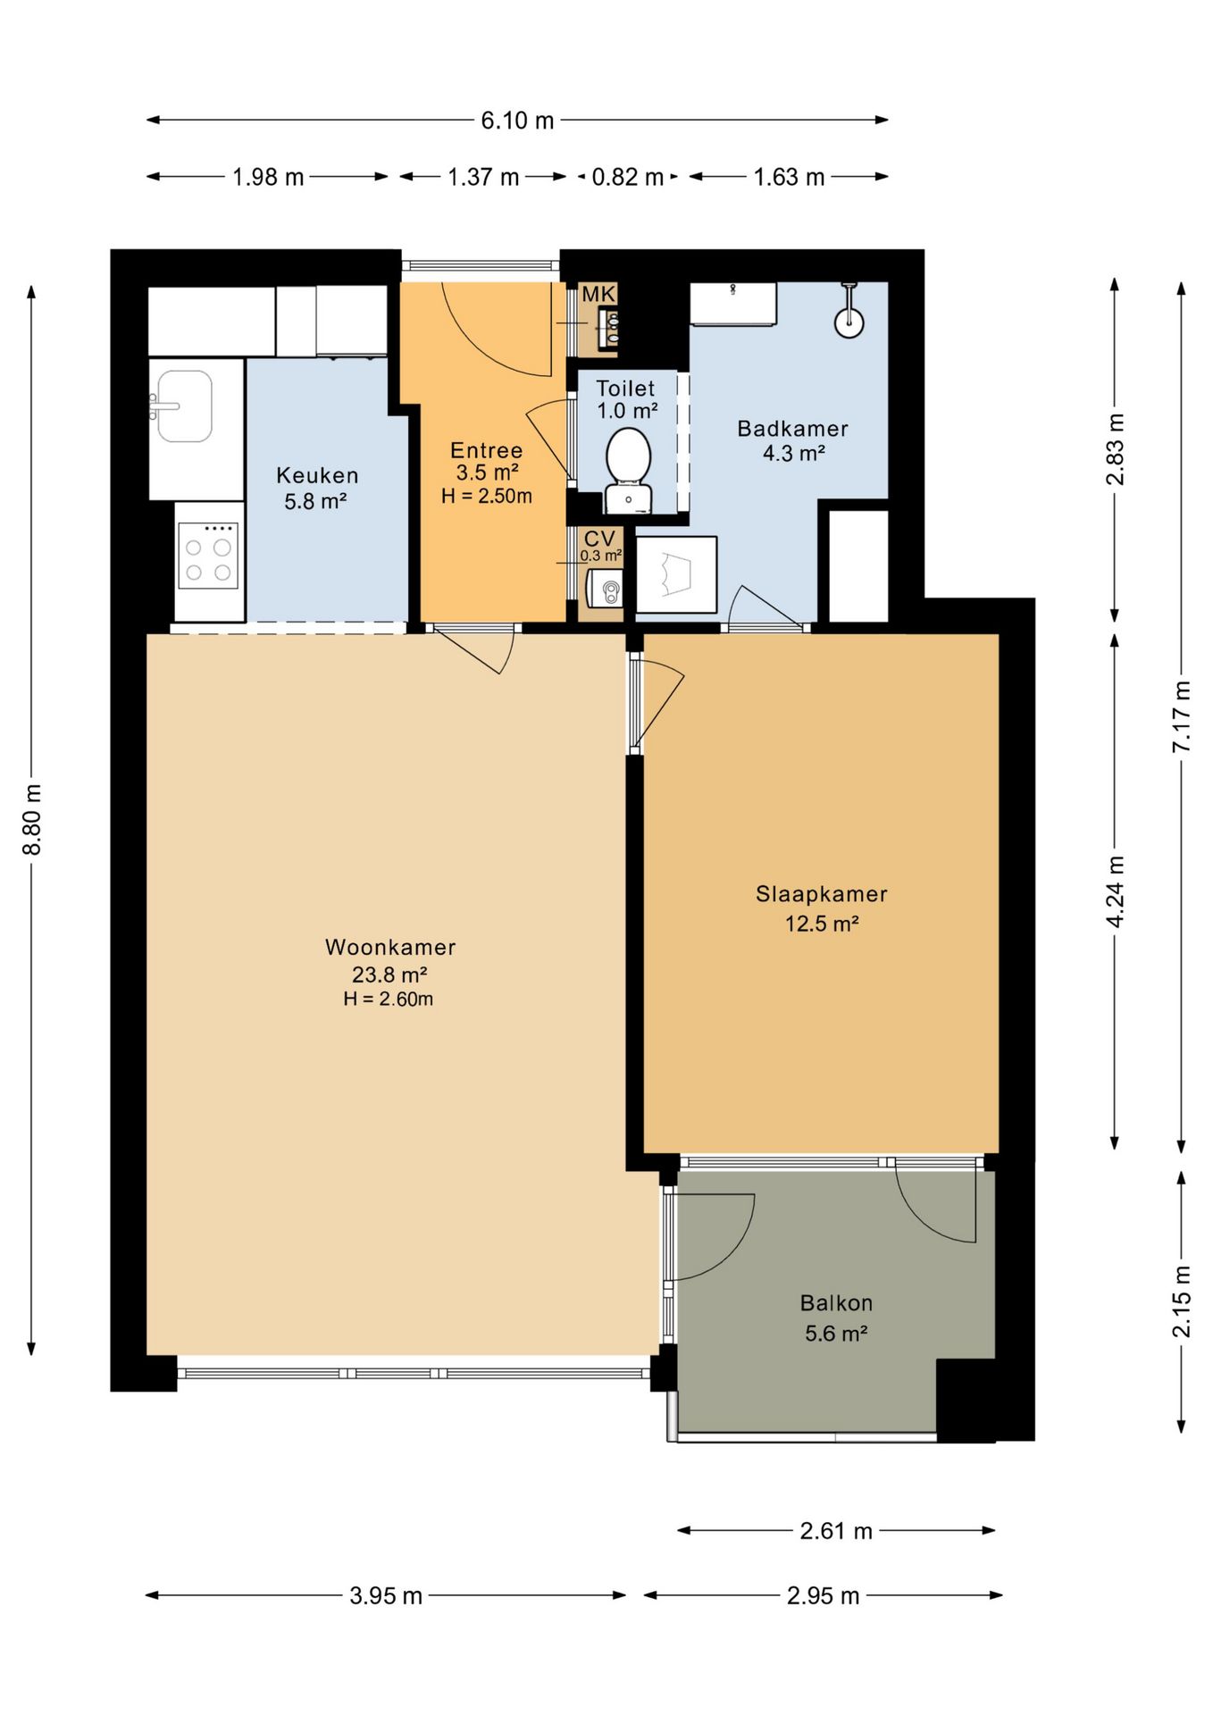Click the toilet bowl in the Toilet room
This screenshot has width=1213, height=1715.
[x=628, y=456]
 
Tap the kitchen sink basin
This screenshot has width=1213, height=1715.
[x=184, y=406]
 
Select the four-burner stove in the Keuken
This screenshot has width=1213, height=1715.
[x=208, y=556]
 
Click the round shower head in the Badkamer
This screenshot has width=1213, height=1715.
[x=849, y=322]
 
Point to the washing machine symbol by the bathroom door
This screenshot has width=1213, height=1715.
[x=676, y=574]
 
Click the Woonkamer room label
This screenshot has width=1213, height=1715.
[x=390, y=947]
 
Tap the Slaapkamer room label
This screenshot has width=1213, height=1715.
[x=822, y=894]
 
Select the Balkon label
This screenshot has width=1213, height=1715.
[x=836, y=1303]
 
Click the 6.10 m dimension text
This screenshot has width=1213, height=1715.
[x=517, y=120]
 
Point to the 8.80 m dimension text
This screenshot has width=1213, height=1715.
[x=32, y=819]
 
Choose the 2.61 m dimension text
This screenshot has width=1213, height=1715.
[x=836, y=1531]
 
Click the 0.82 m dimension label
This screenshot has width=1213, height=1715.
[x=628, y=177]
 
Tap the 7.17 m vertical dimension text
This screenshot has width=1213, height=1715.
[x=1182, y=715]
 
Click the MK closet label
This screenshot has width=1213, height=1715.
[x=598, y=294]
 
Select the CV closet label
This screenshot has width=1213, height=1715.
[x=599, y=539]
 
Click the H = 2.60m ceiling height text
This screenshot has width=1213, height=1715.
[x=389, y=1000]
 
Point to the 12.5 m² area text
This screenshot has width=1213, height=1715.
[x=822, y=924]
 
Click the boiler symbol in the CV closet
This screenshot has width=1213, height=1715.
[x=606, y=590]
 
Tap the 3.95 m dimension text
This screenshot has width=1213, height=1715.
[x=386, y=1595]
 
